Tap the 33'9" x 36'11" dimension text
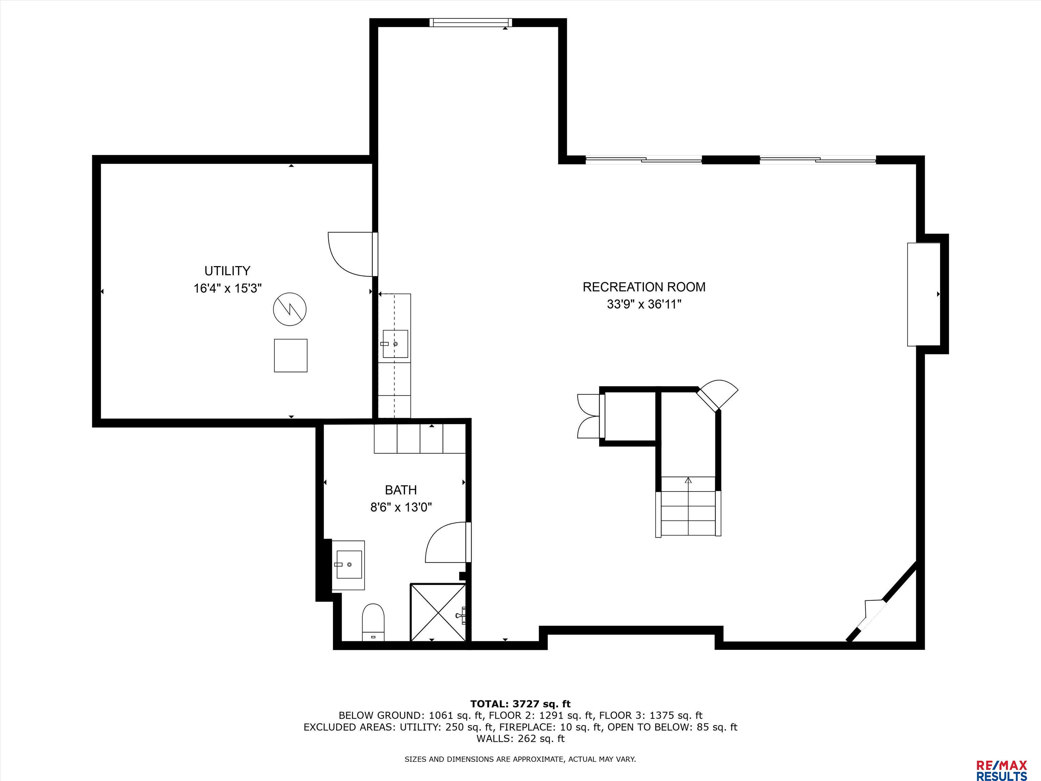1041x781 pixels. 644,305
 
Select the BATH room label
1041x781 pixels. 401,490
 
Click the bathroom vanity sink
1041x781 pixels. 348,565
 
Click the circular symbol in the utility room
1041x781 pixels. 290,309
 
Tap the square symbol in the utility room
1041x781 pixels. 291,356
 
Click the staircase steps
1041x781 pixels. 688,506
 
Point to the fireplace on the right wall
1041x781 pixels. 924,294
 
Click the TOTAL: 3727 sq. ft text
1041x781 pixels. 520,704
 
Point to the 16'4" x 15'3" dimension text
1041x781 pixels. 227,288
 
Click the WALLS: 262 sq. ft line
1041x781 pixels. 520,739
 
